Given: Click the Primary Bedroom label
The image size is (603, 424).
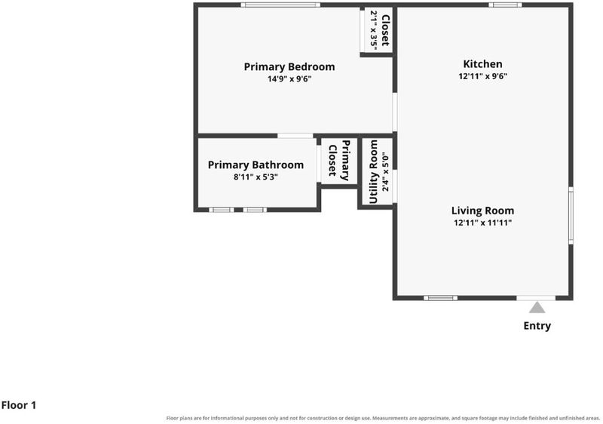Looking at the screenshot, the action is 289,67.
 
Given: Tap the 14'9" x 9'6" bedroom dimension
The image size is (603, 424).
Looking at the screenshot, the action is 289,79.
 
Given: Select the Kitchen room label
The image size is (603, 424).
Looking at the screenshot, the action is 482,64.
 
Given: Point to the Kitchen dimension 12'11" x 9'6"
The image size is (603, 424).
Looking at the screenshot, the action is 482,76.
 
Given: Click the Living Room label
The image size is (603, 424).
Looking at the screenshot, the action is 482,210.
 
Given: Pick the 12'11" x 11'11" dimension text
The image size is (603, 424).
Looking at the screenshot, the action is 482,223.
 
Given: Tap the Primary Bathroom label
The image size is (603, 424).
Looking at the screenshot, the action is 256,165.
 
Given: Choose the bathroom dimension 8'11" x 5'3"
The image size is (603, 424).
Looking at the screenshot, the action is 256,177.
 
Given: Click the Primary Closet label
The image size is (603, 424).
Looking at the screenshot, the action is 339,161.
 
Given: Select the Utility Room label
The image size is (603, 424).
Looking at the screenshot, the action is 374,171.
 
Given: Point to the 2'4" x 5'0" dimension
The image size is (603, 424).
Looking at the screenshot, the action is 386,172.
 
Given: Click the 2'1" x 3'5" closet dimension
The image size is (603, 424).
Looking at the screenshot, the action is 374,29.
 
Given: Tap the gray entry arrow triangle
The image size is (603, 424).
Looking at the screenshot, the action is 537,307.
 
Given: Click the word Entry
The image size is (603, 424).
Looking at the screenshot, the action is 537,326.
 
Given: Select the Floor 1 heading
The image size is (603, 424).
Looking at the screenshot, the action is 18,405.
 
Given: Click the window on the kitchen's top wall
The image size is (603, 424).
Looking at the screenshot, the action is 505,5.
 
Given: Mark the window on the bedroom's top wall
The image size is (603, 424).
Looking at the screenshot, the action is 280,5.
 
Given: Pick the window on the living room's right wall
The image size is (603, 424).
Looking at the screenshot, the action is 571,216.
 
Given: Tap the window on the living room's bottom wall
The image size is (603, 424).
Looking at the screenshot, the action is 441,298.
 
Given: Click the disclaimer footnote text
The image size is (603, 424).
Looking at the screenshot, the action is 383,418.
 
